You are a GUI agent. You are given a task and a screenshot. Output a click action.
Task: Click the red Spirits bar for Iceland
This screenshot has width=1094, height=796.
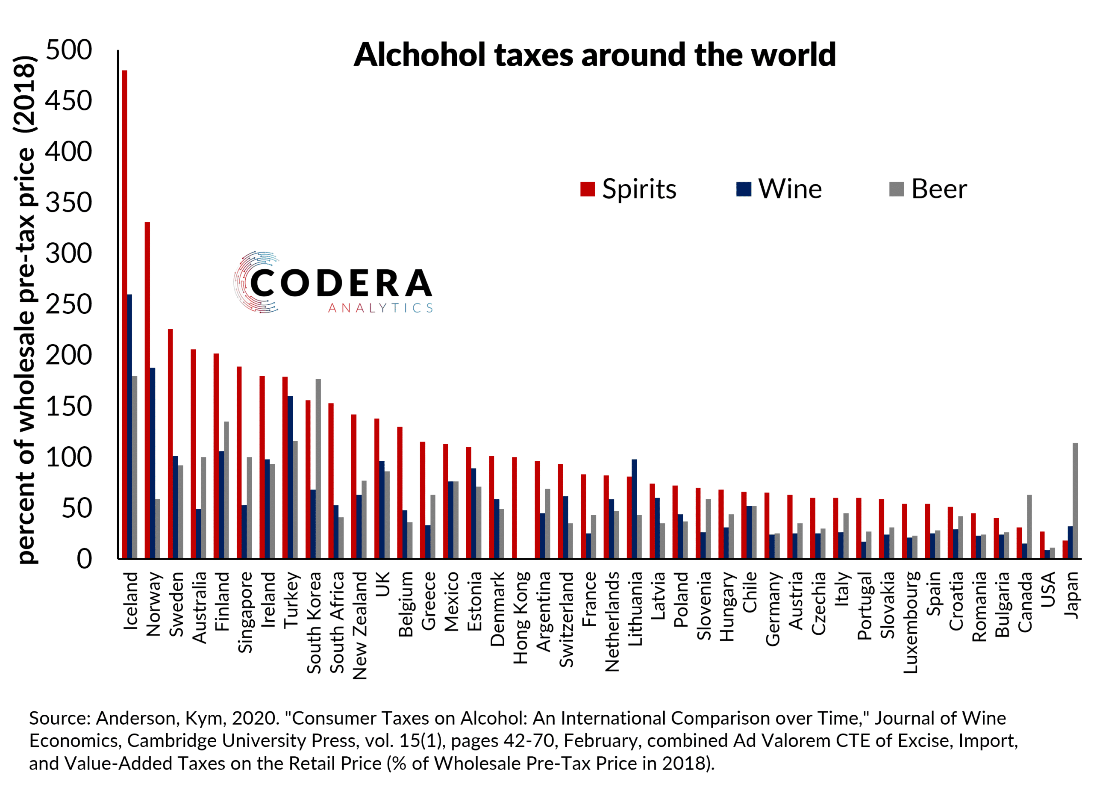(x=124, y=314)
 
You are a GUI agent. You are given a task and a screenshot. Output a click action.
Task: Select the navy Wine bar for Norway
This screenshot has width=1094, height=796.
(x=153, y=463)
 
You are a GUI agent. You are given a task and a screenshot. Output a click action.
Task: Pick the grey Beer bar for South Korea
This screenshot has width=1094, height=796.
(x=318, y=469)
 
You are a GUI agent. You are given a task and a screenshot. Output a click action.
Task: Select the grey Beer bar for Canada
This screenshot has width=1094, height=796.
(x=1029, y=526)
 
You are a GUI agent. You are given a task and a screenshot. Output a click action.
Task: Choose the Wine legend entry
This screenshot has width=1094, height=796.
(x=779, y=189)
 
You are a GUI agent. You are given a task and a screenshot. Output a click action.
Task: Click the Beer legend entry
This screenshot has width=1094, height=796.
(x=928, y=189)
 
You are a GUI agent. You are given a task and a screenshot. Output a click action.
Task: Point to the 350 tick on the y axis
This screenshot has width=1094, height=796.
(x=68, y=203)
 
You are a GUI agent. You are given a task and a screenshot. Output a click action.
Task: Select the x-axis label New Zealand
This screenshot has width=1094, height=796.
(x=360, y=625)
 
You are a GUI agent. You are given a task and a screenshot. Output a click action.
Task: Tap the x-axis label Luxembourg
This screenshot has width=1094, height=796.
(x=910, y=622)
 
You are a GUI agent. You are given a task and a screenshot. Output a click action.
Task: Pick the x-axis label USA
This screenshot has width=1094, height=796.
(x=1048, y=589)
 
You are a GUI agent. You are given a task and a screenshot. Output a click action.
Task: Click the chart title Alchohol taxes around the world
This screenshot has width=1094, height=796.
(x=594, y=55)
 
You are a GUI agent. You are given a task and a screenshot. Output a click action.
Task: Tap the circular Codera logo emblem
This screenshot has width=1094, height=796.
(x=256, y=282)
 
